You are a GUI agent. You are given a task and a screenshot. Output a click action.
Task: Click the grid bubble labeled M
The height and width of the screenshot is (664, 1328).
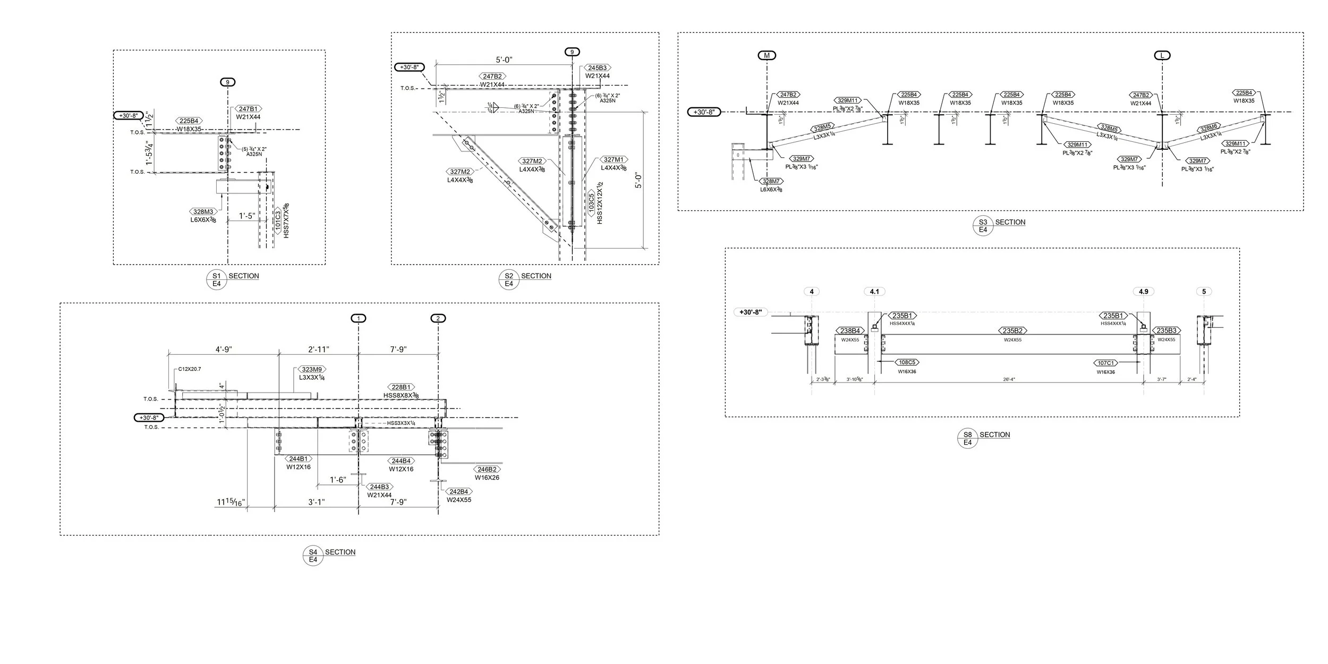767,55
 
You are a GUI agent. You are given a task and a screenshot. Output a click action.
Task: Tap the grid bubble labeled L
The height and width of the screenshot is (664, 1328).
1162,55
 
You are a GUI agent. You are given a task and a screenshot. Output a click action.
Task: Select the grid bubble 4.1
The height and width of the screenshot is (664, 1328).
874,292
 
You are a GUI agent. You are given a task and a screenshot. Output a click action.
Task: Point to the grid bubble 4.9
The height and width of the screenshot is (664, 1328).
1143,292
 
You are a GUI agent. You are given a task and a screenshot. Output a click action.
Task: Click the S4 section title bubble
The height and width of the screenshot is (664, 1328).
313,556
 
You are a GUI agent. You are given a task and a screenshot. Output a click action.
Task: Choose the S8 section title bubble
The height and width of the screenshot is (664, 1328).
967,438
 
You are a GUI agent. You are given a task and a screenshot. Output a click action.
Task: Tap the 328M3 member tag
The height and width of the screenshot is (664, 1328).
203,212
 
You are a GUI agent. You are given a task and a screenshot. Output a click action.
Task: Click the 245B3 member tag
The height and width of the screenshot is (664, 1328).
597,68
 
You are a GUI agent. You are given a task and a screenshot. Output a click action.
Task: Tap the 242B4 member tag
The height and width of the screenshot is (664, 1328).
459,491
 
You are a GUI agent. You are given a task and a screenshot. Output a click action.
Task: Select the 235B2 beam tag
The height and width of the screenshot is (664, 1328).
1012,331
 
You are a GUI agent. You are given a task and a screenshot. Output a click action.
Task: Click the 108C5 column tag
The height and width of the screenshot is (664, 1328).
907,363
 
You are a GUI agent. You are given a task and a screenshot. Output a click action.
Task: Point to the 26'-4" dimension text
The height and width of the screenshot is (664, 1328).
1009,380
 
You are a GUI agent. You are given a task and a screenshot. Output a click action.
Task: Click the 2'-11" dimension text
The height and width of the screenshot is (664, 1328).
319,350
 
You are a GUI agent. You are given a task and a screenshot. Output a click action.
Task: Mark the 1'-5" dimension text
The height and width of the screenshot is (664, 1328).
246,216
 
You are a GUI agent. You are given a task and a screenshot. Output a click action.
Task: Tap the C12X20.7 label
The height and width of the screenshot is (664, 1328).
190,369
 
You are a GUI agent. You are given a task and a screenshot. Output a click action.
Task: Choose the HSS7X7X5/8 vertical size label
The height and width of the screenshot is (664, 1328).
287,220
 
